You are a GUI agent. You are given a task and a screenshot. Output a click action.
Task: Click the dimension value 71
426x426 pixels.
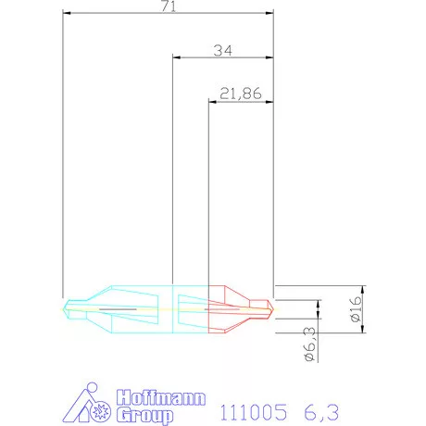pyautogui.click(x=169, y=6)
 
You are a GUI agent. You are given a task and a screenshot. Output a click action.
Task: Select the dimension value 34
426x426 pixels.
pyautogui.click(x=221, y=50)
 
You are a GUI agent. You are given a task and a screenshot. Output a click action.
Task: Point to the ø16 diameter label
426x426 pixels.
pyautogui.click(x=356, y=307)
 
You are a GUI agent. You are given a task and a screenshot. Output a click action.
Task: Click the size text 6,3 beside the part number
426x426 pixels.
pyautogui.click(x=326, y=407)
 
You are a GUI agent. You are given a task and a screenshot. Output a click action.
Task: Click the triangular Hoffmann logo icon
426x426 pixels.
pyautogui.click(x=90, y=405)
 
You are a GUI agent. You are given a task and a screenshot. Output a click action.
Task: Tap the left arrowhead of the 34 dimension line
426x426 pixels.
pyautogui.click(x=177, y=57)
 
